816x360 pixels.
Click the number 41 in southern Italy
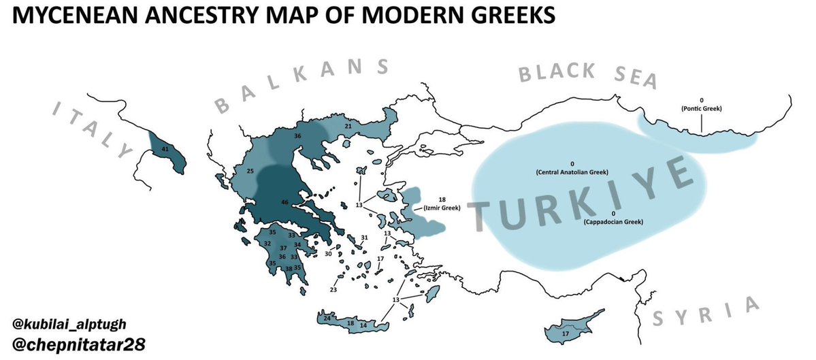pyautogui.click(x=165, y=149)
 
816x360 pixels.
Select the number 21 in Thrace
pyautogui.click(x=348, y=127)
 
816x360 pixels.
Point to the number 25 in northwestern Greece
pyautogui.click(x=250, y=171)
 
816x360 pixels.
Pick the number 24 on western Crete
pyautogui.click(x=327, y=318)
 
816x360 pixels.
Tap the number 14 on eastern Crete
pyautogui.click(x=363, y=325)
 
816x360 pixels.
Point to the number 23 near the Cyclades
pyautogui.click(x=333, y=290)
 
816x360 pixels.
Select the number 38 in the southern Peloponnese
pyautogui.click(x=289, y=269)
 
